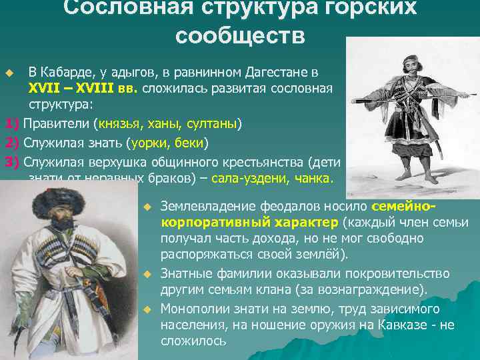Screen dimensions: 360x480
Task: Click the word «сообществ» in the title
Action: coord(240,35)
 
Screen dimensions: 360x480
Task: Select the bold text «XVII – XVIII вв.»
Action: coord(82,89)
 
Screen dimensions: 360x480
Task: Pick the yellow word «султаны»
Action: coord(215,123)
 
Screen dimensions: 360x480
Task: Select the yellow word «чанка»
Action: coord(313,178)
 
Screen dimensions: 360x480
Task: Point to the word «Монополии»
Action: coord(193,309)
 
